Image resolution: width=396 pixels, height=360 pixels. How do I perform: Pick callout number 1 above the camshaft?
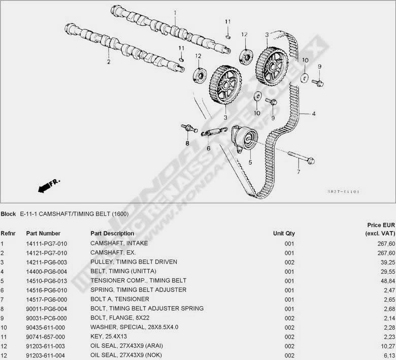(175, 13)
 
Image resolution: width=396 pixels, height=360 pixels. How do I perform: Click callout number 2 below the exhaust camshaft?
(108, 62)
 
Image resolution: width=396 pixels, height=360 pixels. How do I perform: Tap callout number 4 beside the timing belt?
(314, 114)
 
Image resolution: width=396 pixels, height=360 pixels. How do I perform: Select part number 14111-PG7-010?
(47, 243)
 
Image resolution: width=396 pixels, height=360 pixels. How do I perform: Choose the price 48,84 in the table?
(379, 280)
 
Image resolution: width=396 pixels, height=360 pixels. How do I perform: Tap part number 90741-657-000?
(47, 336)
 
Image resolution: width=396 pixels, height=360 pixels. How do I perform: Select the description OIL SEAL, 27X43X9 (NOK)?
(129, 354)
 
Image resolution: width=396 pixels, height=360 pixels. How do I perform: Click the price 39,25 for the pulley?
(379, 262)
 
